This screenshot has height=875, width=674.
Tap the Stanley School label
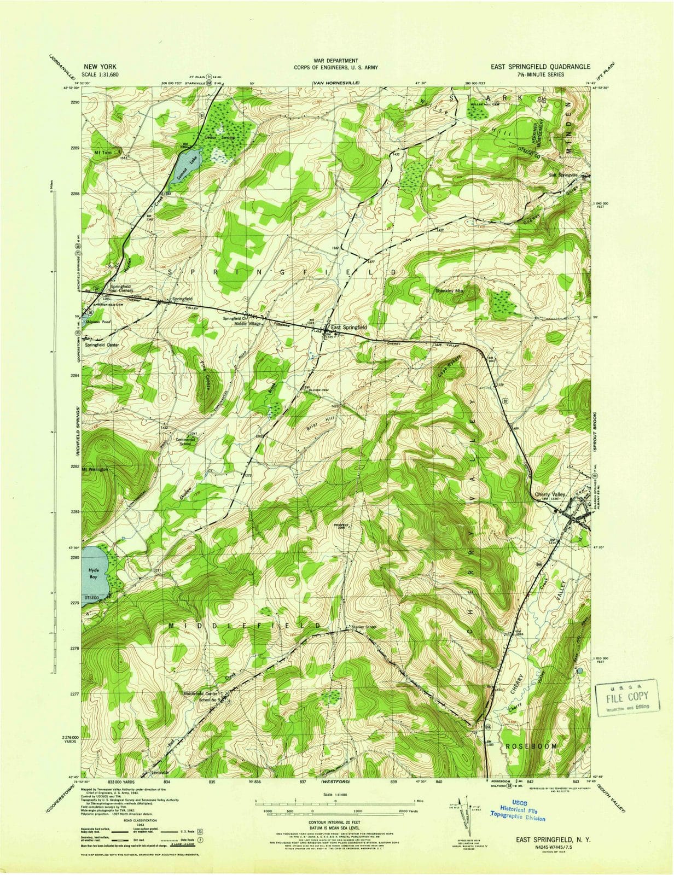365,627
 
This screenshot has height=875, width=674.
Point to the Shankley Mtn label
450,291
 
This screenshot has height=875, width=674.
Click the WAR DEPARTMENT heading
336,60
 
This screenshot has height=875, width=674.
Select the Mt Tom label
102,153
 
